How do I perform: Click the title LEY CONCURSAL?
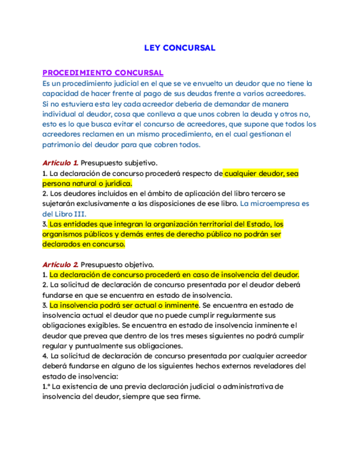click(180, 48)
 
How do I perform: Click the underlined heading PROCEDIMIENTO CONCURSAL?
click(103, 73)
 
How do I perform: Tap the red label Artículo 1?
click(60, 163)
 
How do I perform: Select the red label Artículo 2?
click(60, 264)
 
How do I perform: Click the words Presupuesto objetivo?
click(117, 264)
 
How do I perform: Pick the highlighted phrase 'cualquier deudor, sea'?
click(261, 173)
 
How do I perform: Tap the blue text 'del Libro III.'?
click(64, 214)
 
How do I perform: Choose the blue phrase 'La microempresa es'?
click(275, 203)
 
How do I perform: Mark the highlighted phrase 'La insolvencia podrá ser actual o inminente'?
click(124, 305)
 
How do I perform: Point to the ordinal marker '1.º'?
click(47, 386)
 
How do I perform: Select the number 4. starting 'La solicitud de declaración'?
click(45, 356)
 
